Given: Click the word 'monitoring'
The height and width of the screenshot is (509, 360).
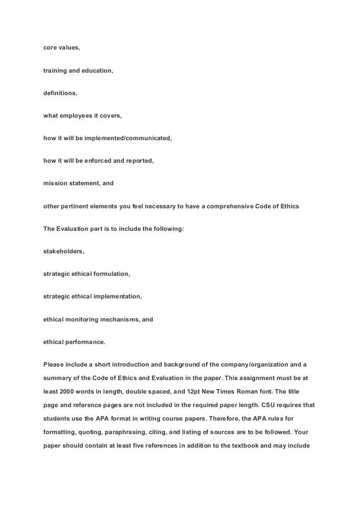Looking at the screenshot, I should tap(87, 319).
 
